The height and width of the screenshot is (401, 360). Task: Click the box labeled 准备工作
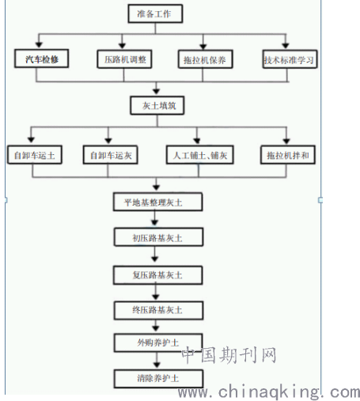point(155,13)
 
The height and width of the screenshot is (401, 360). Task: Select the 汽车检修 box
point(42,59)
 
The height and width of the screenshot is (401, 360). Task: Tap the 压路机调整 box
point(124,59)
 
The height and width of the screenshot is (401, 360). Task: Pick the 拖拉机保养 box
point(205,59)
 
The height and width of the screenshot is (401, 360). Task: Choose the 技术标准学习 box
point(290,59)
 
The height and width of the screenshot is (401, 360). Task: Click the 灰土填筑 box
point(157,105)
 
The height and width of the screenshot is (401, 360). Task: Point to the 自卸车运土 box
point(35,155)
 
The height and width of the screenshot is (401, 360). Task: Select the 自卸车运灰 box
point(111,155)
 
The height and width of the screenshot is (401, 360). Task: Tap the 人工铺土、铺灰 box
point(200,155)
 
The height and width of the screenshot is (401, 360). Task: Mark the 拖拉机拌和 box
point(288,155)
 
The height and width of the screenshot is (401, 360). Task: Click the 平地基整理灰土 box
point(157,202)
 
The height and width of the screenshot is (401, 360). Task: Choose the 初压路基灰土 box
point(158,237)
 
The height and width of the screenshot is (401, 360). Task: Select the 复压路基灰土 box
point(157,275)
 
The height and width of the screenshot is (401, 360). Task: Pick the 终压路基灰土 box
point(158,311)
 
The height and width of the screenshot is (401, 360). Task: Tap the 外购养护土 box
point(158,342)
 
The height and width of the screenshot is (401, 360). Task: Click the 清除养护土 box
point(158,379)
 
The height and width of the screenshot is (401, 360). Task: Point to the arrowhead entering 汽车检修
point(39,44)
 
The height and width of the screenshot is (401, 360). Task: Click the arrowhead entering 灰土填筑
point(157,91)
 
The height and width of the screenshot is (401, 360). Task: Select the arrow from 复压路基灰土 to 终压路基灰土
point(156,292)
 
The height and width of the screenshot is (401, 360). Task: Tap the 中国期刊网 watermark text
point(229,355)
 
